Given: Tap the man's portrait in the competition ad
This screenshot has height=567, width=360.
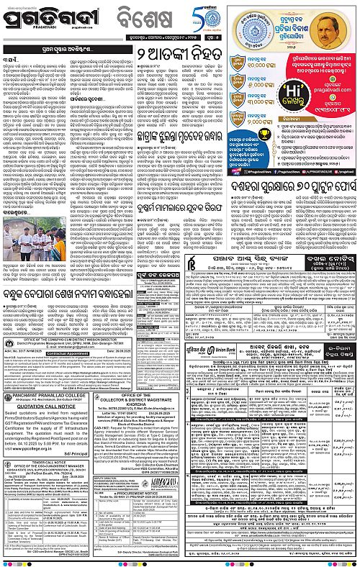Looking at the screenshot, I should coord(334,36).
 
